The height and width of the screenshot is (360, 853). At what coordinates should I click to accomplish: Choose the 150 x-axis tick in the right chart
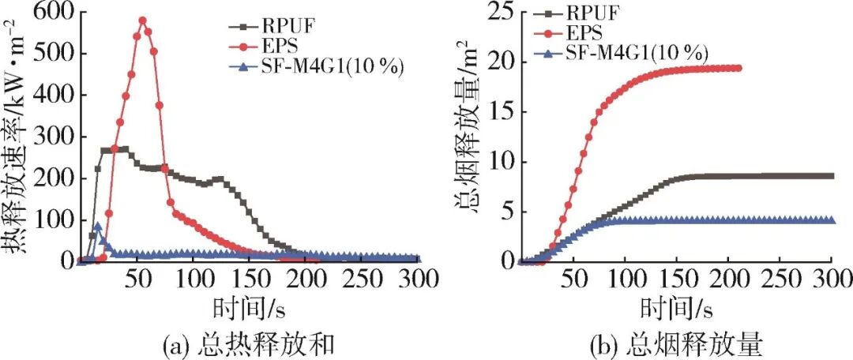pyautogui.click(x=677, y=279)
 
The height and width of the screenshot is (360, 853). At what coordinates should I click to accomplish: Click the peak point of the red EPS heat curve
pyautogui.click(x=142, y=21)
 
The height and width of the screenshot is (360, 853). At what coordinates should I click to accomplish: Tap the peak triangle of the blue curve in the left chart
pyautogui.click(x=97, y=226)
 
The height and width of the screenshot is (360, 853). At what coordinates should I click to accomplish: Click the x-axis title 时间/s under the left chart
pyautogui.click(x=250, y=309)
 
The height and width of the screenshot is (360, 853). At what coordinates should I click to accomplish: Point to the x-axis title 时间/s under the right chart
pyautogui.click(x=675, y=309)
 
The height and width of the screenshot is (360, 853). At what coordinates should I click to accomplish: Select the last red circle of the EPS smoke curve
pyautogui.click(x=738, y=68)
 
